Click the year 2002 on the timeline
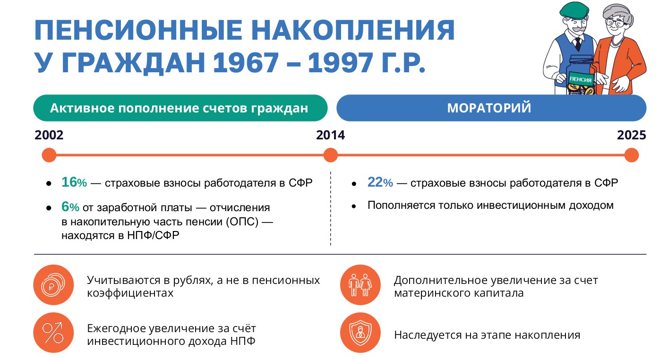(49, 135)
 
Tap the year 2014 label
(330, 135)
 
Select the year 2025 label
(631, 135)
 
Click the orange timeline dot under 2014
(330, 155)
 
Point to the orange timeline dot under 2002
(49, 155)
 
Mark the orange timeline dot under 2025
(632, 155)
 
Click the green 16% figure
(74, 182)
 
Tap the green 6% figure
(70, 206)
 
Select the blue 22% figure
(380, 182)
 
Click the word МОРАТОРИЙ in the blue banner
(489, 108)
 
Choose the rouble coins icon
(53, 285)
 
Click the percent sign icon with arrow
(53, 333)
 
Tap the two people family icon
(360, 285)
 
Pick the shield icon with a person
(360, 333)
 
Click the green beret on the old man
(574, 11)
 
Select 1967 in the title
(246, 63)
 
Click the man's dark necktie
(578, 44)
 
